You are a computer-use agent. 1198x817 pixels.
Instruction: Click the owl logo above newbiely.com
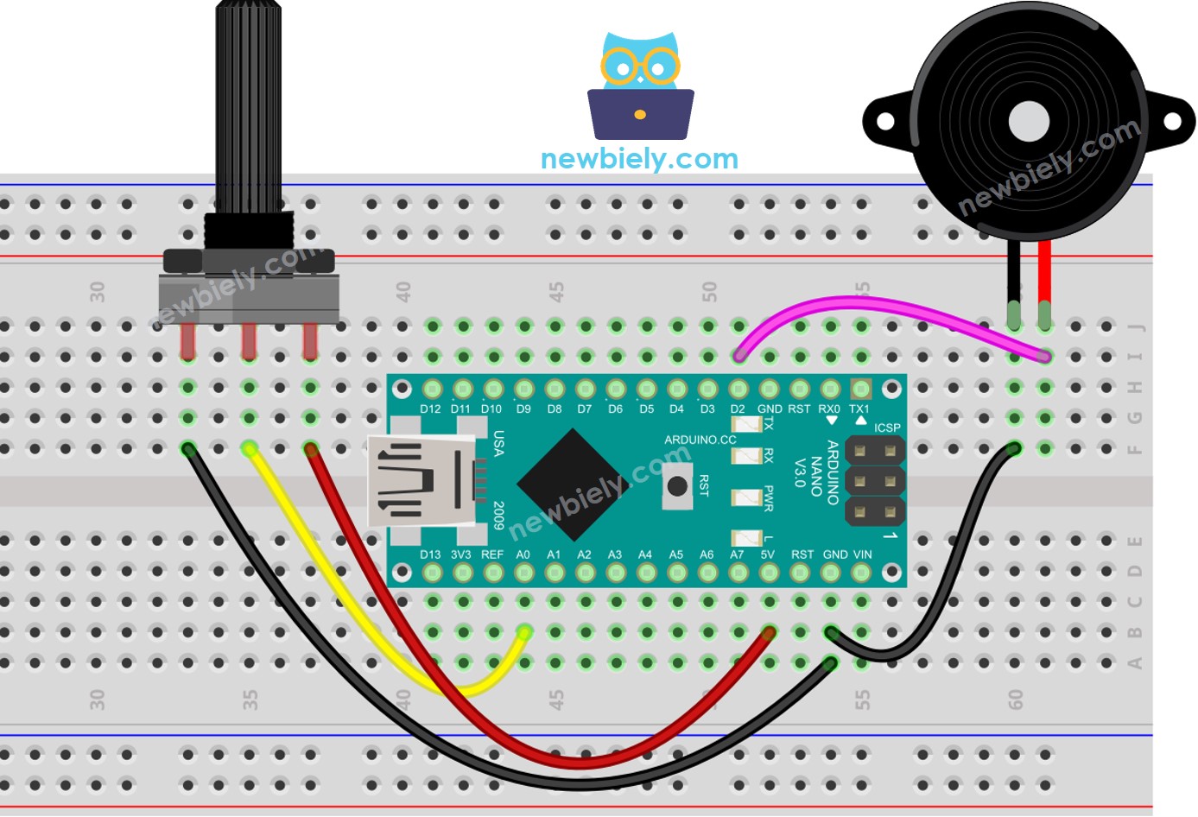point(640,86)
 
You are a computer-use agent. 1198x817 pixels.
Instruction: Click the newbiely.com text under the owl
point(639,159)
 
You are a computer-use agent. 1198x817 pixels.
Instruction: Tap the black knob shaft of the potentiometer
point(248,104)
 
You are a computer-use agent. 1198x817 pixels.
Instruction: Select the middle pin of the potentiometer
point(249,340)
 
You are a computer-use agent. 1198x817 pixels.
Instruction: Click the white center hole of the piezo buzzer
point(1028,121)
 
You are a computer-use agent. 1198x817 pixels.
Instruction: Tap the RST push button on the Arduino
point(678,486)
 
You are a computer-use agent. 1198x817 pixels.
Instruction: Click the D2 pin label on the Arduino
point(738,409)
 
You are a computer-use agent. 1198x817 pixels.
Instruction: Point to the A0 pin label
point(523,554)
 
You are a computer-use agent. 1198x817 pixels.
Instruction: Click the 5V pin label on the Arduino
point(767,554)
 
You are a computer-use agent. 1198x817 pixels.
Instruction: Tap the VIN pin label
point(862,554)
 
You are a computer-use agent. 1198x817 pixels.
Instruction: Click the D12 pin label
point(430,409)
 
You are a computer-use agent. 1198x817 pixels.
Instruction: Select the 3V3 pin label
point(461,554)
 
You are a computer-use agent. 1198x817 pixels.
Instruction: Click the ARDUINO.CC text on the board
point(700,440)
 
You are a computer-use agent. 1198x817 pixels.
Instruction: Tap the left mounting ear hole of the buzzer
point(884,121)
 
